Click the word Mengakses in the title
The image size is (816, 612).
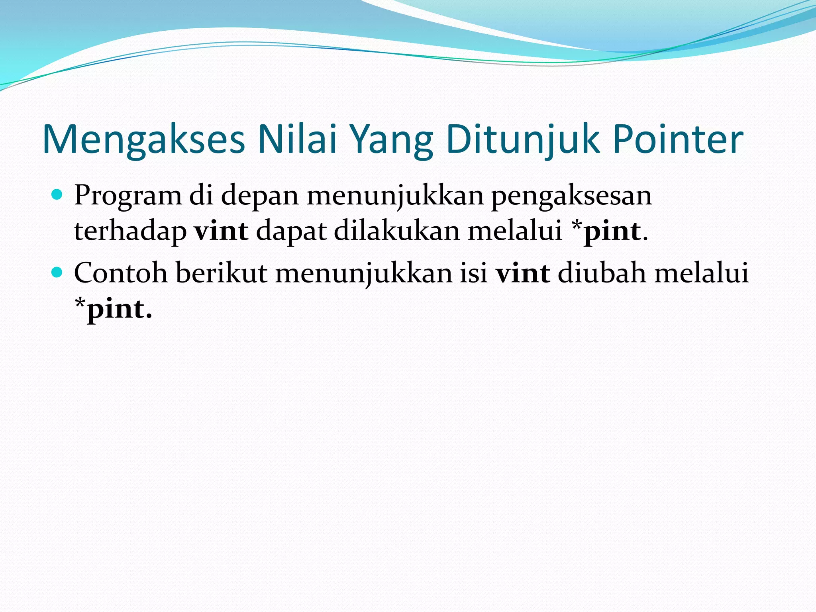point(143,139)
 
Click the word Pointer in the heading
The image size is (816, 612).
point(678,139)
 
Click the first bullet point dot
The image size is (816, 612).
point(57,195)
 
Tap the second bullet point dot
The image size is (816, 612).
point(57,273)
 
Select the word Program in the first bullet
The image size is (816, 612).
point(127,196)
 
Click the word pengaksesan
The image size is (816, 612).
point(571,196)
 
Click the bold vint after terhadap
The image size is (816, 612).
point(221,231)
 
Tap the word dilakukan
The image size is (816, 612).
point(397,231)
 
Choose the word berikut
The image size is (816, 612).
point(222,273)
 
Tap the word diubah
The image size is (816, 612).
point(602,273)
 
